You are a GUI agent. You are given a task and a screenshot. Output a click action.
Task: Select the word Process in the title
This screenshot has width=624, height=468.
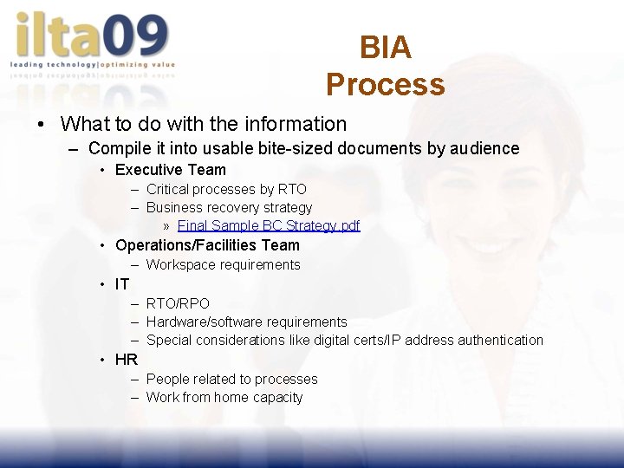pyautogui.click(x=385, y=85)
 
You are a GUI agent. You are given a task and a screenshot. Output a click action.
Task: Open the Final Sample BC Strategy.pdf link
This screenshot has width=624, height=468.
pyautogui.click(x=269, y=226)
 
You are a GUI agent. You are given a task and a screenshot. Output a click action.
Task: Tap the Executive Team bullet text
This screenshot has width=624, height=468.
pyautogui.click(x=170, y=170)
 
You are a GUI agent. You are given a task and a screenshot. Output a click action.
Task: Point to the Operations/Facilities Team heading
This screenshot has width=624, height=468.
pyautogui.click(x=207, y=245)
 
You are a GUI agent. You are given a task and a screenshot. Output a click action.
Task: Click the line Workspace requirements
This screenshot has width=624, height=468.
pyautogui.click(x=223, y=265)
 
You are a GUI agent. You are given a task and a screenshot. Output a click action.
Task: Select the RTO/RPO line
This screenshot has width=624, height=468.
pyautogui.click(x=178, y=303)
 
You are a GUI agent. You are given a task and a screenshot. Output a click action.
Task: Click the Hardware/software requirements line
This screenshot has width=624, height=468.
pyautogui.click(x=246, y=322)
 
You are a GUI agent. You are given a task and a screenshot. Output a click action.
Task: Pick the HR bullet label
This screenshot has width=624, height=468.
pyautogui.click(x=127, y=360)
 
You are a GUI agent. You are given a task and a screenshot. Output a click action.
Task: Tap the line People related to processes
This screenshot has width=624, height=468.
pyautogui.click(x=231, y=380)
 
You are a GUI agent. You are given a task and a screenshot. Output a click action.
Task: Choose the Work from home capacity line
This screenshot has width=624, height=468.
pyautogui.click(x=224, y=398)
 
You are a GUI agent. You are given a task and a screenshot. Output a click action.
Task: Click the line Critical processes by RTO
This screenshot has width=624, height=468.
pyautogui.click(x=226, y=189)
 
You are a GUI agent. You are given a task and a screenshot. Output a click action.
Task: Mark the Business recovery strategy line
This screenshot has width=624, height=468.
pyautogui.click(x=229, y=208)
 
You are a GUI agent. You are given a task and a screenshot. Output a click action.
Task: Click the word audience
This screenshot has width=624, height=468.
pyautogui.click(x=485, y=148)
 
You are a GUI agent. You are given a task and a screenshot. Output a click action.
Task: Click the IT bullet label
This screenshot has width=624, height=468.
pyautogui.click(x=122, y=284)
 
